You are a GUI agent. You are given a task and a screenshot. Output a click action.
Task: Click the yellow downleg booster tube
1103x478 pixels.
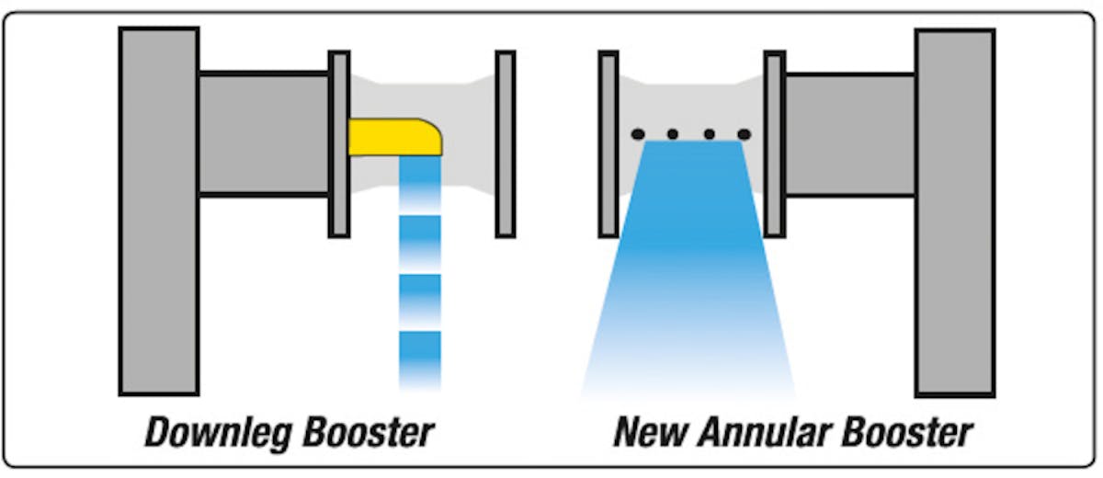pos(393,138)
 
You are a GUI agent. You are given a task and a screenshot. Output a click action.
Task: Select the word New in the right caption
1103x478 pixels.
pos(645,431)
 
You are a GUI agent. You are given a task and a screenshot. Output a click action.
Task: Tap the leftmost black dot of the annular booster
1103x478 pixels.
pos(637,134)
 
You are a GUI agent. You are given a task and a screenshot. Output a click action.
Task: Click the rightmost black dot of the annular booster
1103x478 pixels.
pos(744,134)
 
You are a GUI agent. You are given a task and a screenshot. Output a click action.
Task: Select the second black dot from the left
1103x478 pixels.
pos(673,134)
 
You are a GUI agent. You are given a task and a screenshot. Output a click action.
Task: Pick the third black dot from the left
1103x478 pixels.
pos(709,134)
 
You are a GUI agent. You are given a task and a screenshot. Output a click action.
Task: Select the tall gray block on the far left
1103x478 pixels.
pos(158,211)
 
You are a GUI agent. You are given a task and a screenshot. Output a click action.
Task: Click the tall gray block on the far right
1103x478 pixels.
pos(954,211)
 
